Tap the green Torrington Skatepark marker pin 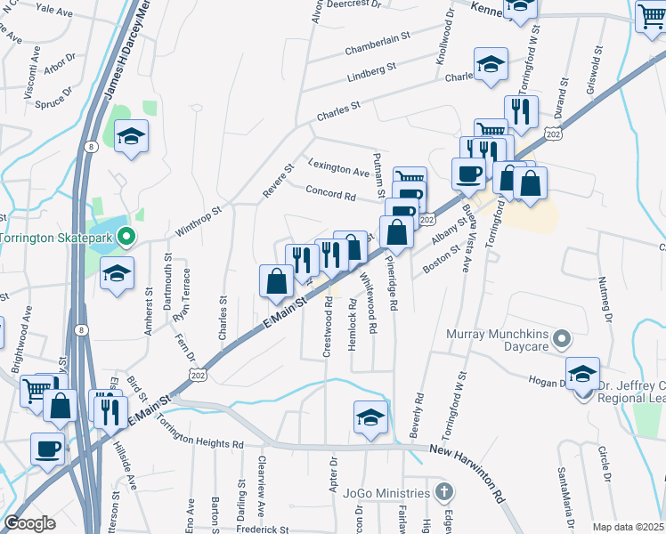coord(126,238)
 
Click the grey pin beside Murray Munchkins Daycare coord(561,338)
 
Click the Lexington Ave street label coord(339,168)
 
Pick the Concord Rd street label coord(330,191)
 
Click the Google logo coord(30,523)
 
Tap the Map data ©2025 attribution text coord(627,527)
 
